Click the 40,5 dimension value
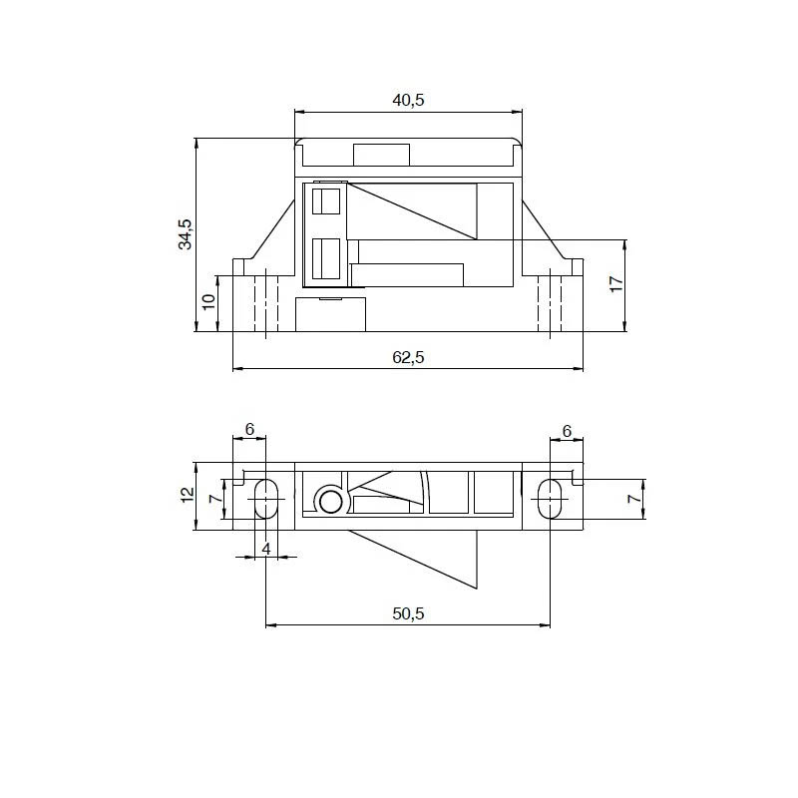point(408,101)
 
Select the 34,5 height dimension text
point(186,234)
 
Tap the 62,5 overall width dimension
point(408,357)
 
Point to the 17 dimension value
point(616,284)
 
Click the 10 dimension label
point(209,301)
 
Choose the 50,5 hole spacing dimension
point(408,613)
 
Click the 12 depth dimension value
point(188,495)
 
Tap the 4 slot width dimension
point(265,550)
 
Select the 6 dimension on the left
point(249,430)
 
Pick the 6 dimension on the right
point(567,432)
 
